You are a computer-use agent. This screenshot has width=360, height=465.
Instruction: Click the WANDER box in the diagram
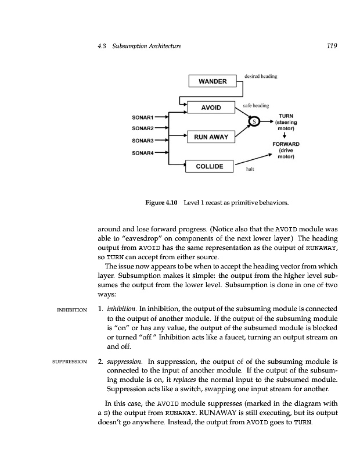coord(213,81)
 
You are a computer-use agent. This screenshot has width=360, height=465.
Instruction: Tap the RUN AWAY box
coord(210,137)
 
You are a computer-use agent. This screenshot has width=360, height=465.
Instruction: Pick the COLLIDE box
coord(210,166)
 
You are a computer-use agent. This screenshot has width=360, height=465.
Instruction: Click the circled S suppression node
coord(254,121)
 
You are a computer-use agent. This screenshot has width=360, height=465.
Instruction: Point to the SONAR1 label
coord(142,117)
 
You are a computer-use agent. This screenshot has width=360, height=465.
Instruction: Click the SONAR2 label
coord(142,128)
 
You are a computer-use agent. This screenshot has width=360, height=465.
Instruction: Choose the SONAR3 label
coord(142,141)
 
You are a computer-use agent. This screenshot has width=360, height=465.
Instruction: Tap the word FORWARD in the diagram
coord(285,144)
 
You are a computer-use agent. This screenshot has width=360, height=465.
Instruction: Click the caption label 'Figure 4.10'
coord(162,202)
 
